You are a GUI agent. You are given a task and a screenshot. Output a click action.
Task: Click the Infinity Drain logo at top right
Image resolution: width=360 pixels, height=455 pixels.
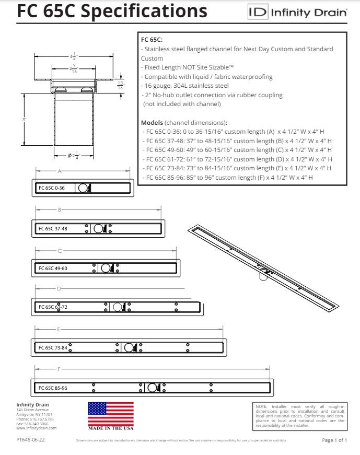[297, 13]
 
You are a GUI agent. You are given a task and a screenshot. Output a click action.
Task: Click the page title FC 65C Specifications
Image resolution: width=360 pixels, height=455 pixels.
[112, 11]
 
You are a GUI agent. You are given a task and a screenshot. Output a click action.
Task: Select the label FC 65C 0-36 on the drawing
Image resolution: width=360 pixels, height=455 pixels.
[51, 188]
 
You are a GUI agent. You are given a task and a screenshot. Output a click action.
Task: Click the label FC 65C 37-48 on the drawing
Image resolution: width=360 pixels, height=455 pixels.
[53, 228]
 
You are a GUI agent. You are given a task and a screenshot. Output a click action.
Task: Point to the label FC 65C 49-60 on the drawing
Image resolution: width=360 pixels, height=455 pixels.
[53, 268]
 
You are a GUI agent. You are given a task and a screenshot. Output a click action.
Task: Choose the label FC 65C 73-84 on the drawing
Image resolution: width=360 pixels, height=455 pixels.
[53, 347]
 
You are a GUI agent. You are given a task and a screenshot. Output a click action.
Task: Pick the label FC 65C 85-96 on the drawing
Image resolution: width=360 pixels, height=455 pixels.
[53, 388]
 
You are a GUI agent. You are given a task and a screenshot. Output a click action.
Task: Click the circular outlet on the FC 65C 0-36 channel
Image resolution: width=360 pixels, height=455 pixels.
[83, 188]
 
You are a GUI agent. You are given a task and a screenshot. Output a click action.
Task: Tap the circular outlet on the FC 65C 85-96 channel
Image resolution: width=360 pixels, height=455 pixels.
[152, 388]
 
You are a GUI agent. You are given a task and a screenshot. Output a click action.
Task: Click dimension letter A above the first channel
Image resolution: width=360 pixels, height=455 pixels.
[60, 171]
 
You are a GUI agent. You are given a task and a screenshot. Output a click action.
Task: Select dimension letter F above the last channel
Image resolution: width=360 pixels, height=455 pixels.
[60, 369]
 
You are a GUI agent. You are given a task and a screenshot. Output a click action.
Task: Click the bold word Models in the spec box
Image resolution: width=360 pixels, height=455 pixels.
[152, 122]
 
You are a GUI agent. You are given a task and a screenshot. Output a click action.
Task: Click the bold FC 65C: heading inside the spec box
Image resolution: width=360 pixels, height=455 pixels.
[152, 40]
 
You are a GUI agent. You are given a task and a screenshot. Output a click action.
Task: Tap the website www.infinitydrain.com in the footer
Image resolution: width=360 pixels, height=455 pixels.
[36, 428]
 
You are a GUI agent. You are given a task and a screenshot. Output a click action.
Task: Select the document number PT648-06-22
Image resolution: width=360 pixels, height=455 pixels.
[30, 440]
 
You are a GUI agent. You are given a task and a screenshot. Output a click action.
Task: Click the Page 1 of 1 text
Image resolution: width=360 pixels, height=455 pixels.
[334, 440]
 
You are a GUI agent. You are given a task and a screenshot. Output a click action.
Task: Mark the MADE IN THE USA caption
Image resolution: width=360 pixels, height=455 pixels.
[110, 428]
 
